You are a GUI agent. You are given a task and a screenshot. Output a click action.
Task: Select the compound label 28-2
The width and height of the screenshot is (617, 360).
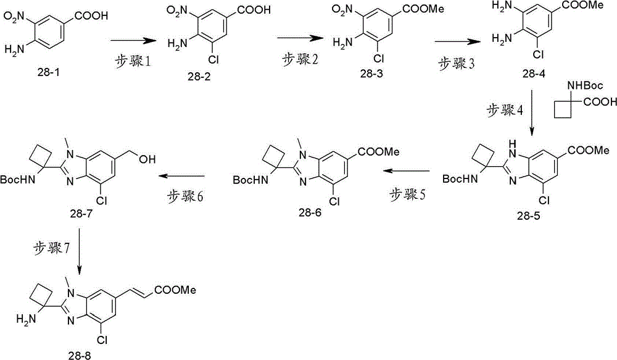pos(199,76)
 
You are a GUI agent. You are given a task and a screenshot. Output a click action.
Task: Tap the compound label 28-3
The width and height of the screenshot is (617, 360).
pos(371,73)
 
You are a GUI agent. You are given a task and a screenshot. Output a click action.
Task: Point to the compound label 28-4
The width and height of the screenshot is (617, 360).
pos(534,73)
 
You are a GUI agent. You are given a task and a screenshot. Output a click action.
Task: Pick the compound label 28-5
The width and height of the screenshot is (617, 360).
pos(529,216)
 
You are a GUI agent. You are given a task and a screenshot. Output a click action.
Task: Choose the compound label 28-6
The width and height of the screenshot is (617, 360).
pos(310,212)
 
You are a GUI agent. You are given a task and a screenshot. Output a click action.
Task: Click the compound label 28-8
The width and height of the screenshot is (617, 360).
pos(79,356)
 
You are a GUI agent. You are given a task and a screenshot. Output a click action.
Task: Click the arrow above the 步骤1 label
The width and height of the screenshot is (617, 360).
pos(132,40)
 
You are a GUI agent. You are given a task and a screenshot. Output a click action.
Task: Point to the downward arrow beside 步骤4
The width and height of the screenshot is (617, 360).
pos(532,112)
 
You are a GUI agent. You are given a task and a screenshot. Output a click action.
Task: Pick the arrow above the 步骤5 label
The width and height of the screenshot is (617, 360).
pos(407,171)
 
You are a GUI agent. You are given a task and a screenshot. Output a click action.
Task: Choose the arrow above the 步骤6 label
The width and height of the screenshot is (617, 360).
pos(181,175)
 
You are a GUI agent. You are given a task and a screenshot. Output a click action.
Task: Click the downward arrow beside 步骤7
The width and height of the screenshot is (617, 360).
pos(80,251)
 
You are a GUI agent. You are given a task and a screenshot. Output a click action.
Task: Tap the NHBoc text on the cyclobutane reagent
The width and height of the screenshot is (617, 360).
pos(585,85)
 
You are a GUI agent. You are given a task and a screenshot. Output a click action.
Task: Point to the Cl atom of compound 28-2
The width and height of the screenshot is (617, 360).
pos(212,59)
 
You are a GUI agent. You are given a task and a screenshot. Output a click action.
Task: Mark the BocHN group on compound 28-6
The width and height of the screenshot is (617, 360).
pos(251,180)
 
